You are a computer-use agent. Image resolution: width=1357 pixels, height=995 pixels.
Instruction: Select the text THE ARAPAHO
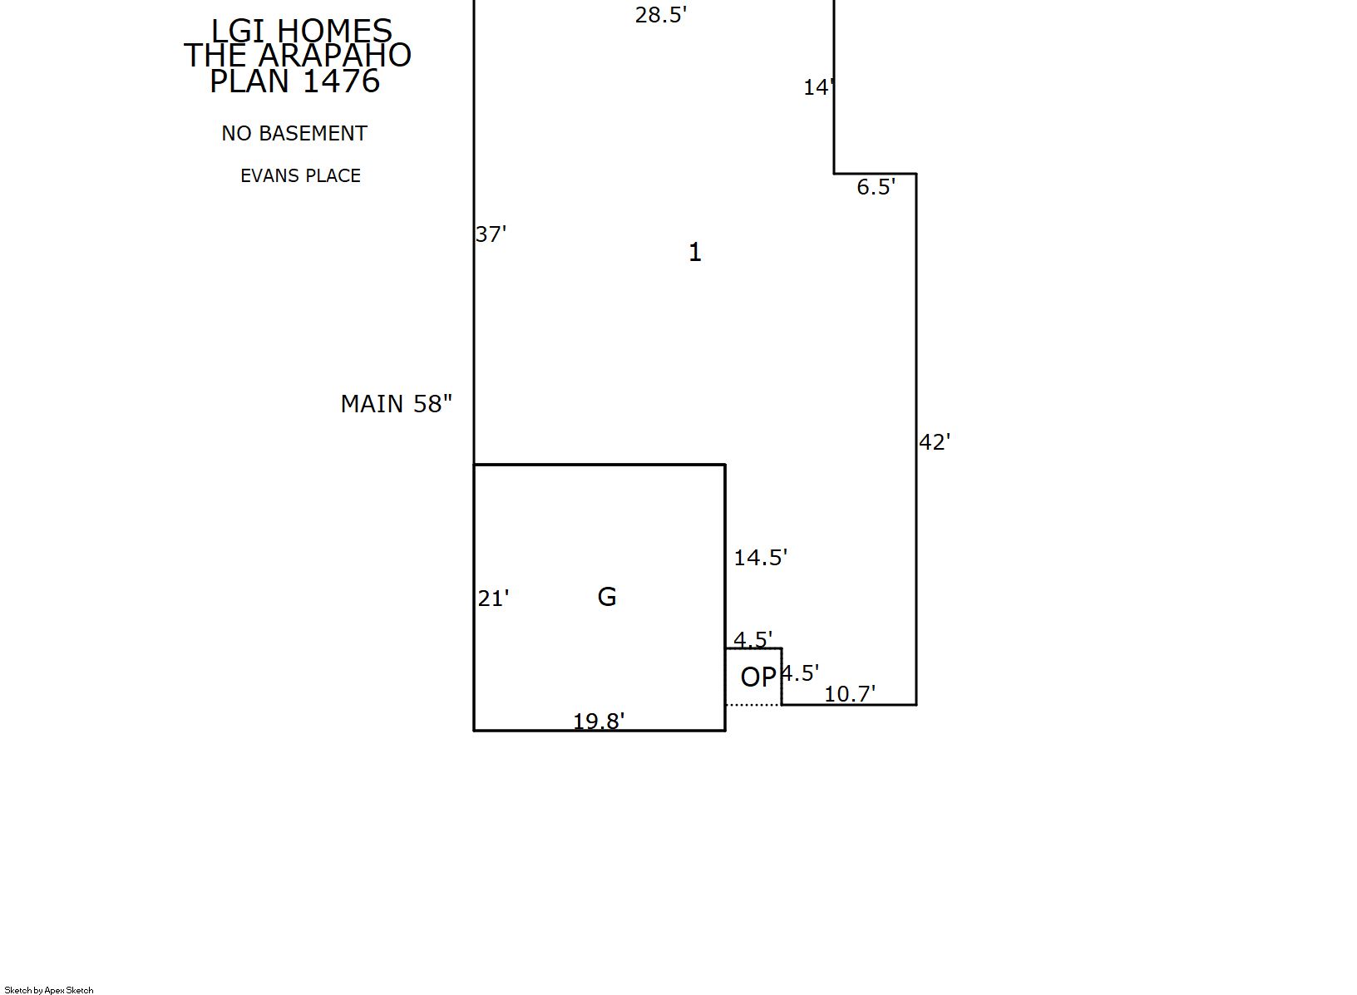click(298, 55)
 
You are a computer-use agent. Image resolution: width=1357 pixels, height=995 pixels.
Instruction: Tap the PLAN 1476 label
click(294, 81)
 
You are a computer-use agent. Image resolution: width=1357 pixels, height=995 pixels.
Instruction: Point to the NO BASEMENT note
click(294, 133)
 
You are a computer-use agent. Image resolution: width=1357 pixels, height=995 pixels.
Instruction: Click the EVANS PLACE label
click(300, 175)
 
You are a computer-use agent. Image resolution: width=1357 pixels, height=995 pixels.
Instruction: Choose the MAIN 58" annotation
click(396, 404)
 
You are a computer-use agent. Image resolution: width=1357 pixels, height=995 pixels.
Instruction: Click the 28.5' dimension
click(661, 15)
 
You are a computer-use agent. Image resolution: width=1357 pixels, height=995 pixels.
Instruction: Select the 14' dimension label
click(819, 88)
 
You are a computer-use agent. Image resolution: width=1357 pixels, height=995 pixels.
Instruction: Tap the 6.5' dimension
click(876, 187)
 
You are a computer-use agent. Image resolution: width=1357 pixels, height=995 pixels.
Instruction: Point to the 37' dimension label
click(491, 234)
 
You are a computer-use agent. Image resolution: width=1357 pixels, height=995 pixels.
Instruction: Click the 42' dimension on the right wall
click(935, 443)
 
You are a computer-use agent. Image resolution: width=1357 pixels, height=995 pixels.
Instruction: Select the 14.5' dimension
click(760, 558)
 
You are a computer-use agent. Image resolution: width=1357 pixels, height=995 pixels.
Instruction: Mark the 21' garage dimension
click(493, 599)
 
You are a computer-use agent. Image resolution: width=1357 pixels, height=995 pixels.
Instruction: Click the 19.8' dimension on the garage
click(599, 722)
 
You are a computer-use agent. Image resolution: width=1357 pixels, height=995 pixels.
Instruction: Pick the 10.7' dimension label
click(850, 694)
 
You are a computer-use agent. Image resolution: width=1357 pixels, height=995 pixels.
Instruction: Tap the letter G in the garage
click(607, 597)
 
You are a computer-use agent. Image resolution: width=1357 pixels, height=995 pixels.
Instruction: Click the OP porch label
click(758, 677)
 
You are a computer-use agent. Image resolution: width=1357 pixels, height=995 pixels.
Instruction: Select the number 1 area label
click(695, 252)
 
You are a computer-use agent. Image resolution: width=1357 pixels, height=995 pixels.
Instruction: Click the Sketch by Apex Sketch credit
click(49, 990)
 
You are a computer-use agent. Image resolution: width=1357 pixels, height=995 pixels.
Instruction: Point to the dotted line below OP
click(753, 705)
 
